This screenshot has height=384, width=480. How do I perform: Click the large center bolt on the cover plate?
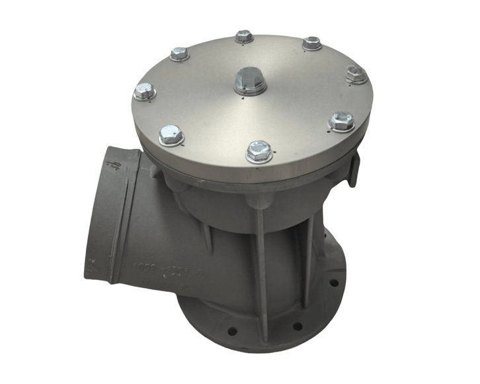pos(251,81)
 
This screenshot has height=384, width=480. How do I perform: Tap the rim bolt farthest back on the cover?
pos(244,36)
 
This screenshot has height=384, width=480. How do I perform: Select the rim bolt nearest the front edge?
pos(258,152)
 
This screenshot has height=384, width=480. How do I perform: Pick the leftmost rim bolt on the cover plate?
pos(144,91)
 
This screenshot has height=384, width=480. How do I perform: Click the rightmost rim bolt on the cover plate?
pos(356,74)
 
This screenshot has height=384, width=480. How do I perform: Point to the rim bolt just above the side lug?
pos(341,120)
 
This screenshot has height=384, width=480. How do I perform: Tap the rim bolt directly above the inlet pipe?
pos(171,134)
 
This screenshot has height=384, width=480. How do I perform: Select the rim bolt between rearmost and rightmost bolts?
pos(312,43)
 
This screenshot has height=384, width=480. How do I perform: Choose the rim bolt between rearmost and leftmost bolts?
pos(179,53)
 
